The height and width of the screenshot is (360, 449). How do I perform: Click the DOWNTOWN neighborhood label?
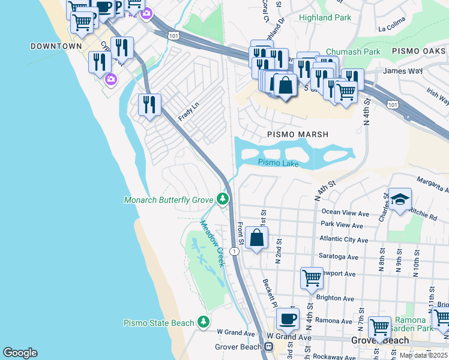click(56, 46)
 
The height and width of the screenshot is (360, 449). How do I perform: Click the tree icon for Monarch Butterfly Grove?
click(223, 199)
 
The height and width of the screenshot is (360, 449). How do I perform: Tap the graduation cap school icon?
click(399, 200)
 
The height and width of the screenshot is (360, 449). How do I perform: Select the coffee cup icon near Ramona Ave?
click(287, 317)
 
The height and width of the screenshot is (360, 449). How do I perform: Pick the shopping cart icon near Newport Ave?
click(312, 278)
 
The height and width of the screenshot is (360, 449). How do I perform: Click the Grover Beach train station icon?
click(270, 346)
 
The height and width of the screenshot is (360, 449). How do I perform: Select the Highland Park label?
click(325, 18)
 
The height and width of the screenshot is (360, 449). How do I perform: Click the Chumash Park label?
click(353, 52)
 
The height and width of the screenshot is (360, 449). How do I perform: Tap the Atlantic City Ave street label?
click(345, 240)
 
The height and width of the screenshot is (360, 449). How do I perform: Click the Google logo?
click(20, 352)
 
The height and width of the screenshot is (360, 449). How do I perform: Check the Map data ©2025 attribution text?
click(423, 355)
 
